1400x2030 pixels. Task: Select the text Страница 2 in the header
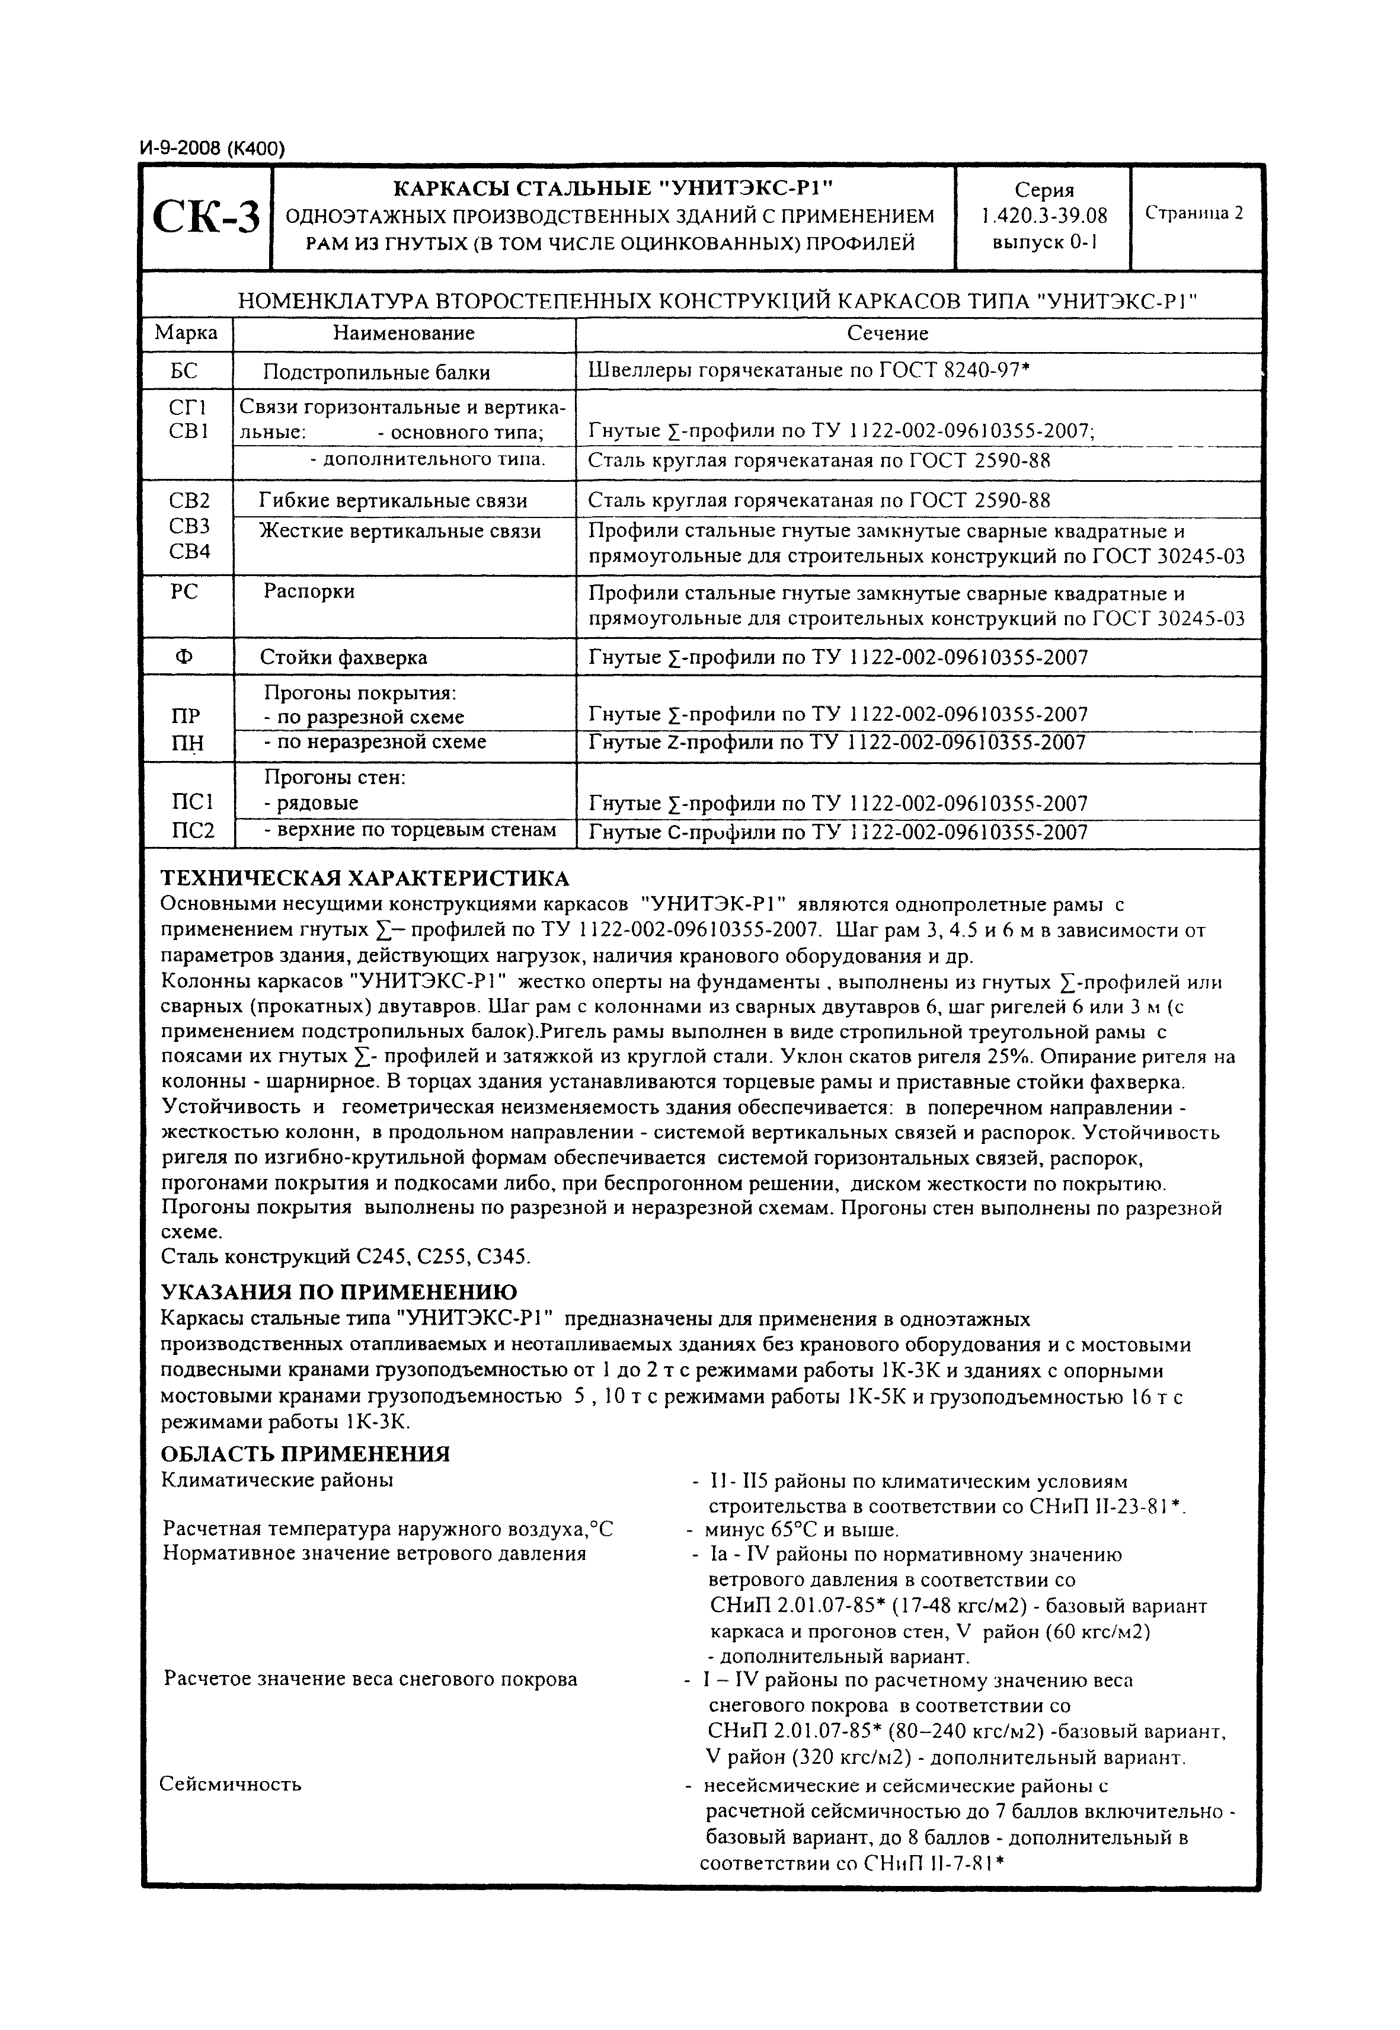(x=1195, y=213)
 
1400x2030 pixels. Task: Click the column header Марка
(x=186, y=333)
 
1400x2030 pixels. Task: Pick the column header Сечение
(x=887, y=333)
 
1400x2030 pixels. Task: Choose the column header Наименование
(x=404, y=333)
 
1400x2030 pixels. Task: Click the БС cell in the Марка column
(x=185, y=371)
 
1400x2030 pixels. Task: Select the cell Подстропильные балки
(x=376, y=372)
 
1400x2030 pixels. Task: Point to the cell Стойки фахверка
(x=344, y=657)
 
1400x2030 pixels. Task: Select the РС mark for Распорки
(x=185, y=592)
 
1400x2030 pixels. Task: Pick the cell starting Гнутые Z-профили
(x=837, y=743)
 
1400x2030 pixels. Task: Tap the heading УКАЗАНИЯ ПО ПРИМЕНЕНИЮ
(x=340, y=1292)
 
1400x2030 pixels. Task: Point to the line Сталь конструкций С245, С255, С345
(x=347, y=1257)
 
